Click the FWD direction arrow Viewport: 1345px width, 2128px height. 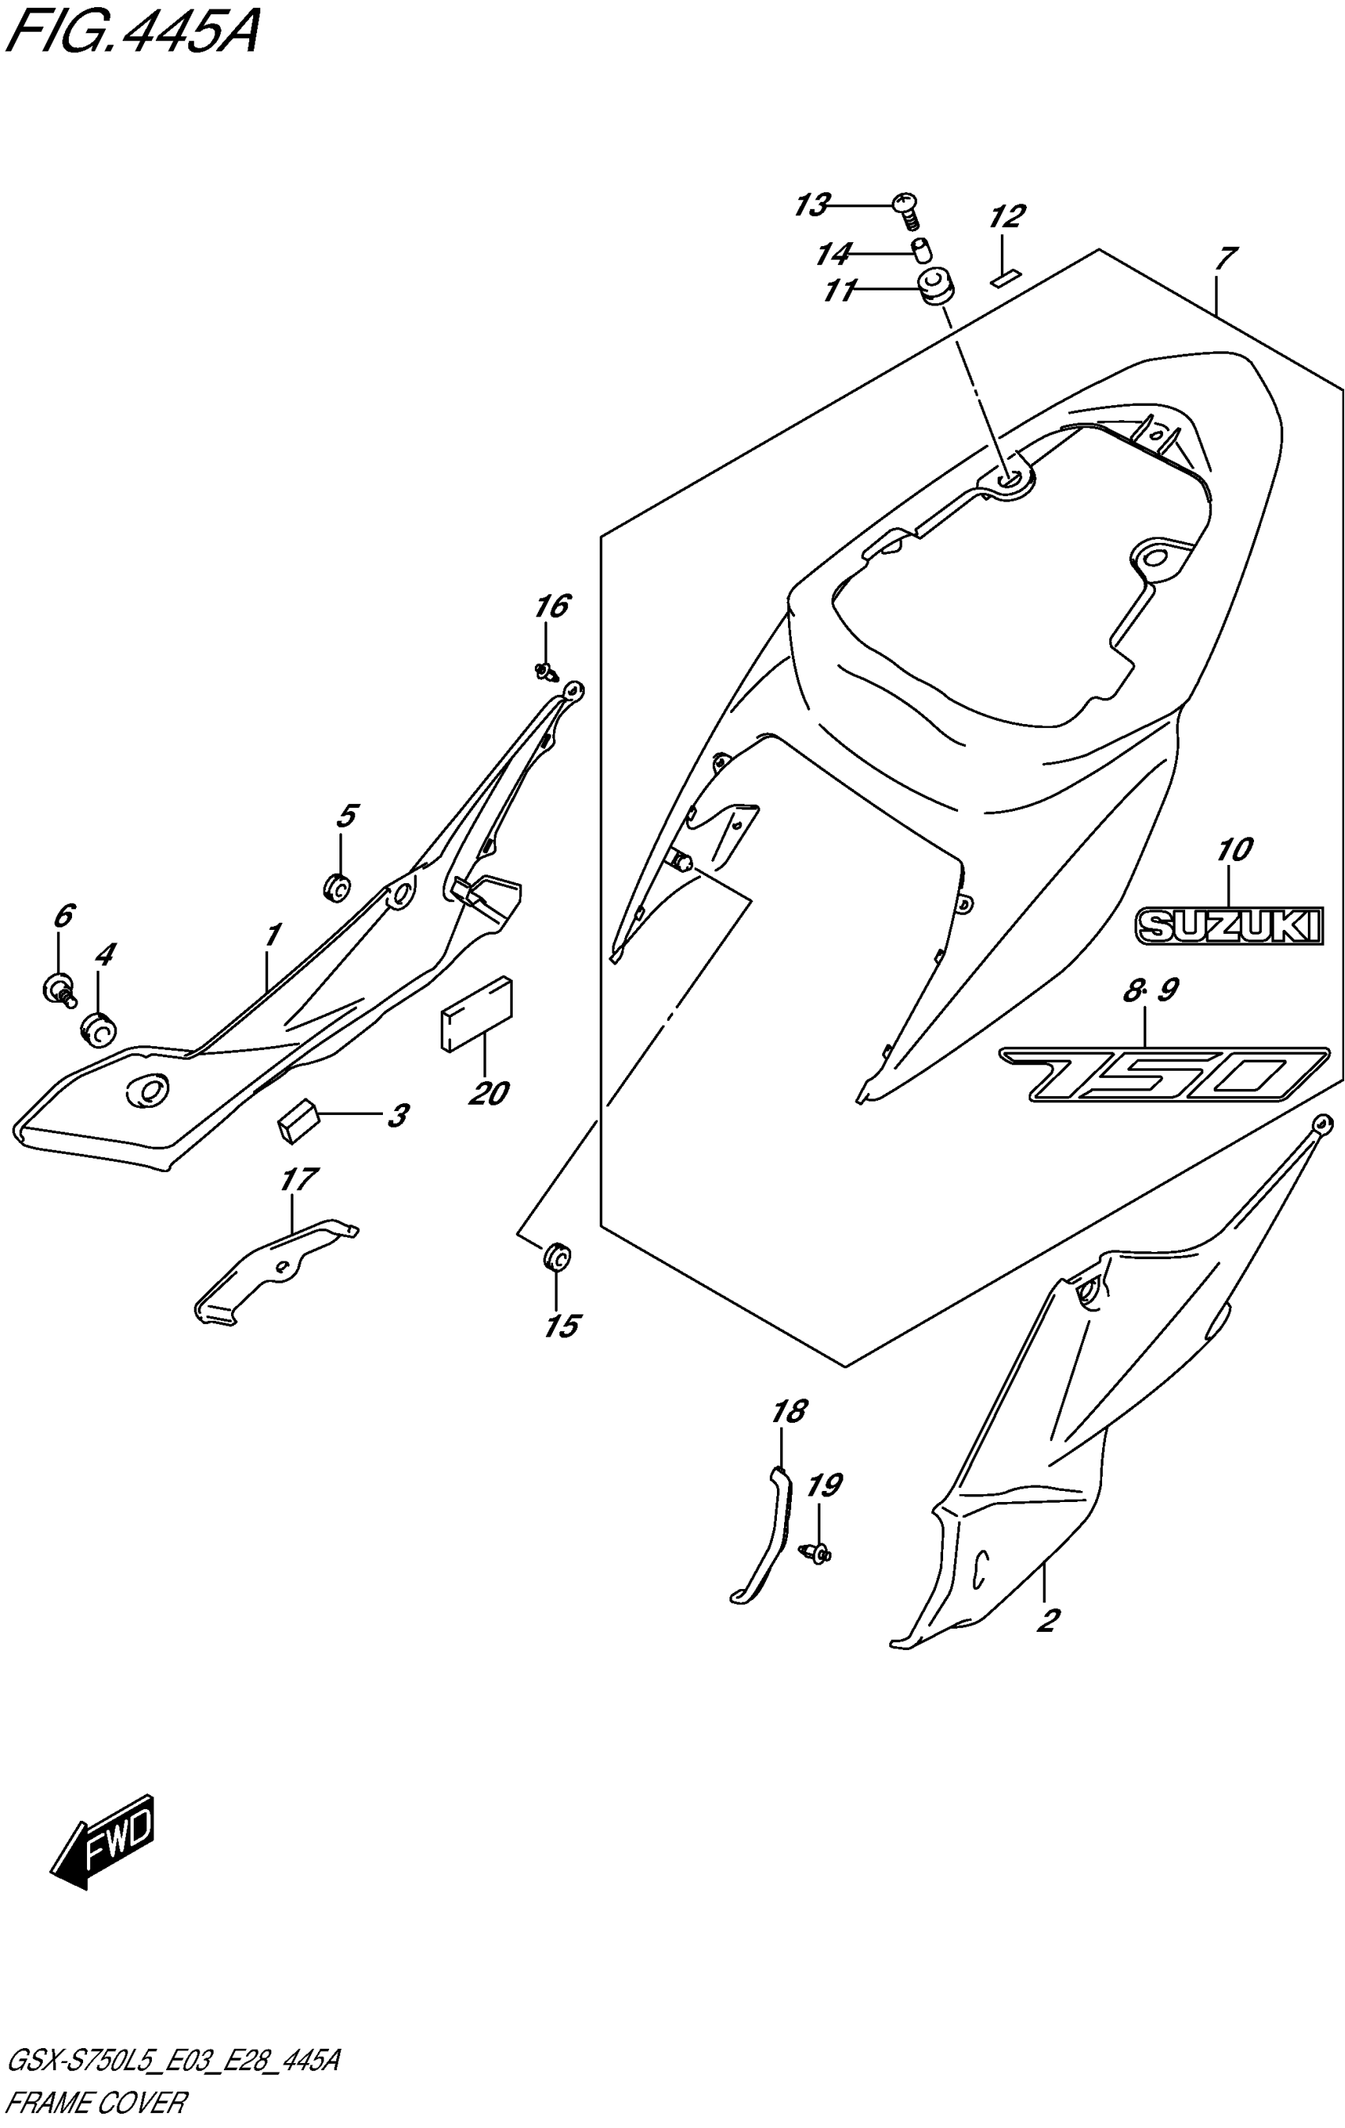coord(104,1841)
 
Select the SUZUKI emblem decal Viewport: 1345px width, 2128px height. coord(1229,926)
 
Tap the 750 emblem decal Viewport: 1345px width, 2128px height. coord(1163,1075)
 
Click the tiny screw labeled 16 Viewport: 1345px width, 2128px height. coord(545,672)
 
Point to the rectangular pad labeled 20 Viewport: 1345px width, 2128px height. coord(475,1014)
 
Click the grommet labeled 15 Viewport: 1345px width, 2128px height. coord(556,1256)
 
